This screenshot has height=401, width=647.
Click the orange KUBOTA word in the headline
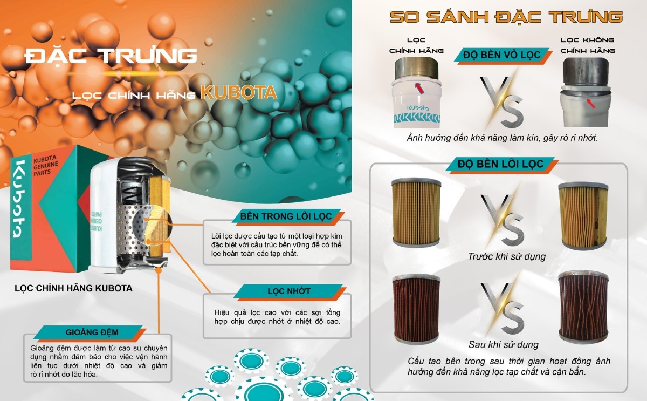239,92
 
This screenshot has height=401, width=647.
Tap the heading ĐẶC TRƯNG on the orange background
111,56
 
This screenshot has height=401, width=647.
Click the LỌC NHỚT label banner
290,291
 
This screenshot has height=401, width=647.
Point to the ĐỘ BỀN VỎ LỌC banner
502,55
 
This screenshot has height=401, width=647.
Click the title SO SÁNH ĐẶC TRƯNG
506,17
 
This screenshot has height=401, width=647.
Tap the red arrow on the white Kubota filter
419,87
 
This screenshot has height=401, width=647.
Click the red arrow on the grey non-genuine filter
591,103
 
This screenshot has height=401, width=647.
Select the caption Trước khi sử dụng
507,256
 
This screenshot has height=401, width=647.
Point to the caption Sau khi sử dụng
503,345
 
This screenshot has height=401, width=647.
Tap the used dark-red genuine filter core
416,309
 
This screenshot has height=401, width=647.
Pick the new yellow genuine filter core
416,213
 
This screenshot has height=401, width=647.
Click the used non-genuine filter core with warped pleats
583,307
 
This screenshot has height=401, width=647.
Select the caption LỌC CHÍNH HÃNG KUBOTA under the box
74,288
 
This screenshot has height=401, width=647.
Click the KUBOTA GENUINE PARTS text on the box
45,166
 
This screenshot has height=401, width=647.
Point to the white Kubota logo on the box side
21,199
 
